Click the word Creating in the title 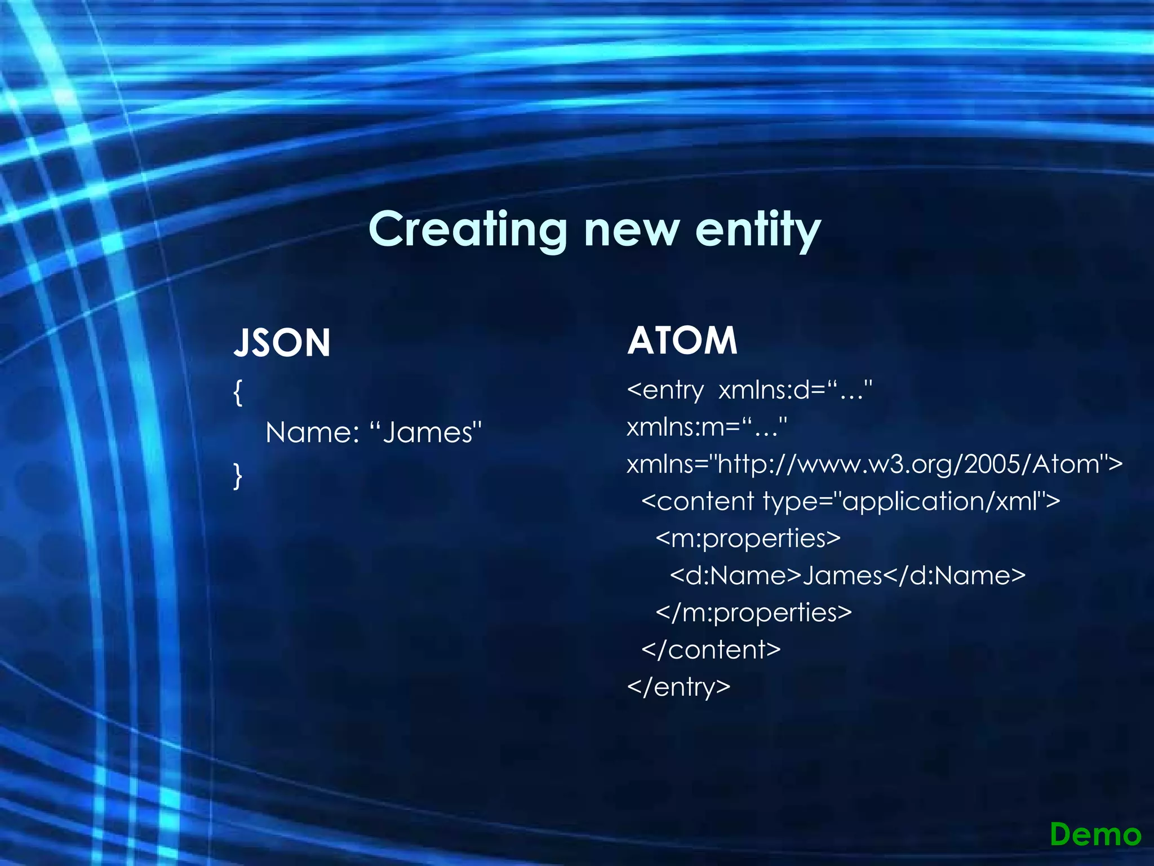pyautogui.click(x=467, y=229)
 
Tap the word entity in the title pyautogui.click(x=758, y=229)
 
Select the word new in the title pyautogui.click(x=631, y=229)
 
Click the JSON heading pyautogui.click(x=282, y=343)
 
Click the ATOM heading pyautogui.click(x=682, y=341)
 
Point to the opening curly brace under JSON pyautogui.click(x=238, y=392)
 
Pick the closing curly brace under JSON pyautogui.click(x=238, y=475)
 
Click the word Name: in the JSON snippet pyautogui.click(x=312, y=433)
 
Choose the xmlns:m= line pyautogui.click(x=707, y=427)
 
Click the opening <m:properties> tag pyautogui.click(x=748, y=538)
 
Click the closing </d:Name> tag pyautogui.click(x=955, y=576)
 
